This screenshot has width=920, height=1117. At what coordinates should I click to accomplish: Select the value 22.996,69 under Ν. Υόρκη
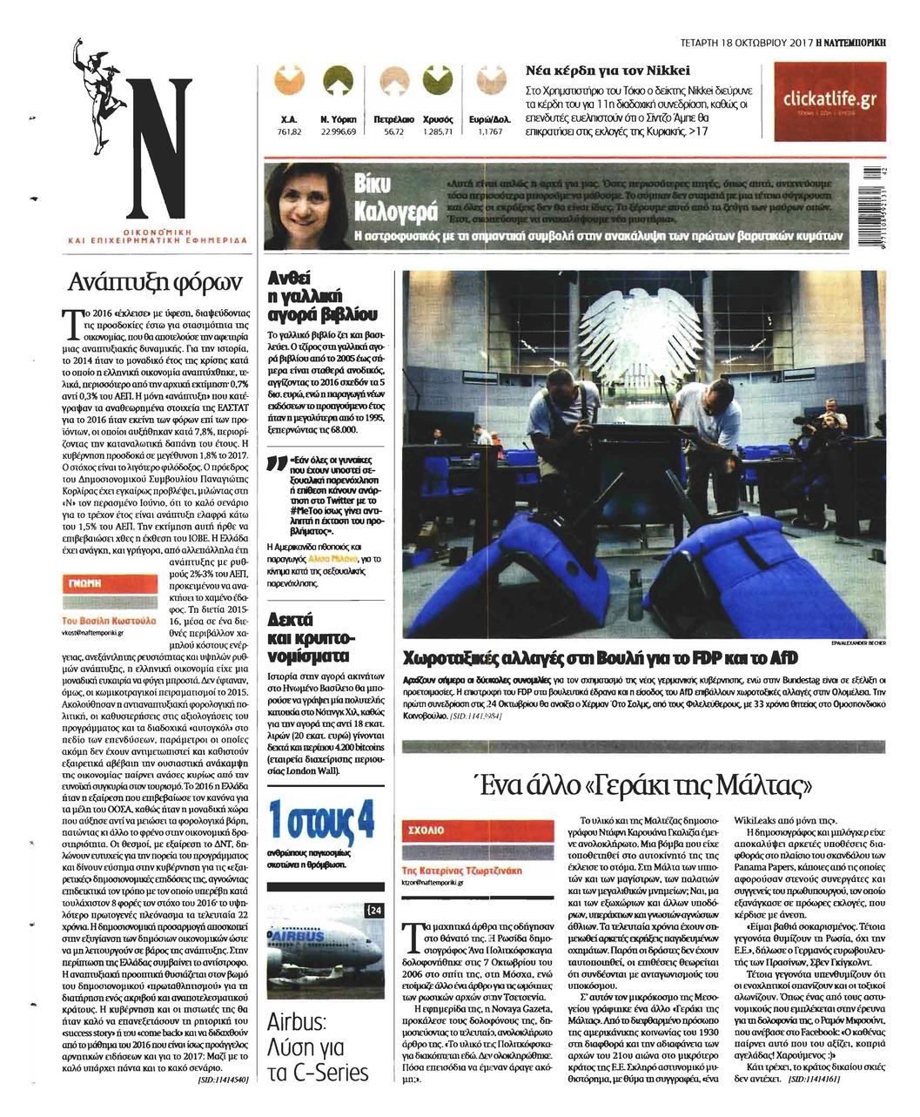pos(339,131)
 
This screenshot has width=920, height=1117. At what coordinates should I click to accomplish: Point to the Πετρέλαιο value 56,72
pos(393,131)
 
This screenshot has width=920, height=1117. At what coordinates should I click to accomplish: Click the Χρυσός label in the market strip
pos(437,118)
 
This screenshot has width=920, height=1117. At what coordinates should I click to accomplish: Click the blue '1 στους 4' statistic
pos(322,821)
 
